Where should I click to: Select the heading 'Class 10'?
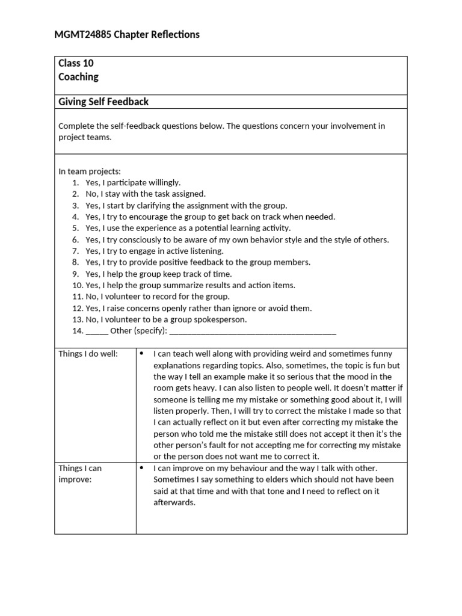(76, 63)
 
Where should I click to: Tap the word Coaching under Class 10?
(78, 77)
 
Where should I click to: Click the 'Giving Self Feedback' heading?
(103, 102)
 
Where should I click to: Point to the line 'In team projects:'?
(90, 171)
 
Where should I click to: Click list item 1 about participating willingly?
(132, 182)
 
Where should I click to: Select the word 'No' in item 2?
(91, 194)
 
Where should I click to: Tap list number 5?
(76, 228)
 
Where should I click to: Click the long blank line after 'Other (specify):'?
(253, 331)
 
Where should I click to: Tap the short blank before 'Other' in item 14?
(97, 331)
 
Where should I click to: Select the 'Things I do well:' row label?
(88, 354)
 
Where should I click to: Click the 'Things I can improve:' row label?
(80, 473)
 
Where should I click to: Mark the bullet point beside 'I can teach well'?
(141, 354)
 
